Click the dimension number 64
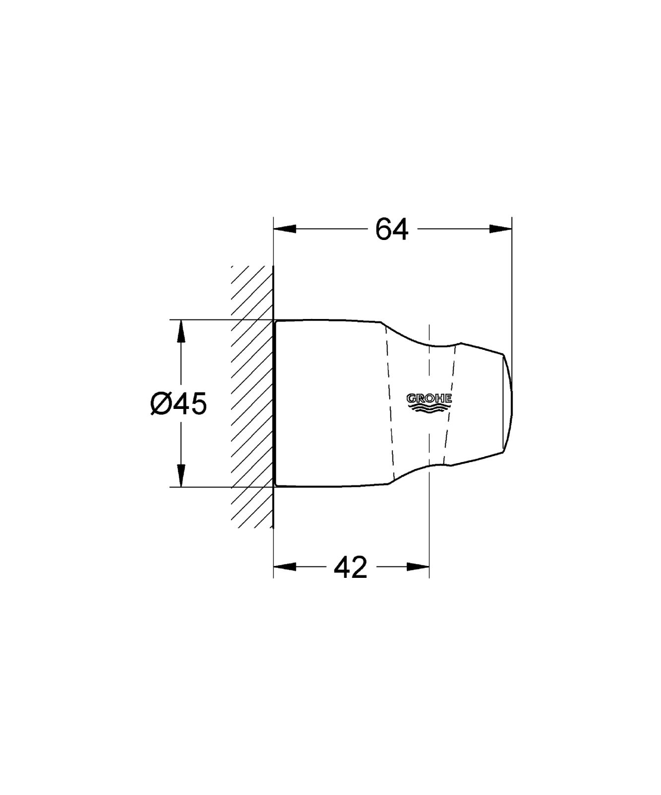click(392, 230)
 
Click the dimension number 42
click(350, 567)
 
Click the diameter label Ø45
click(178, 403)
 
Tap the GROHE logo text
click(429, 398)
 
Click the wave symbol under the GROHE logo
click(429, 407)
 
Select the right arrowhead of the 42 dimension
click(418, 567)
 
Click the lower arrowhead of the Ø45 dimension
click(181, 476)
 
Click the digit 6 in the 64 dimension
click(383, 230)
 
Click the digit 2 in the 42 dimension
click(359, 567)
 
